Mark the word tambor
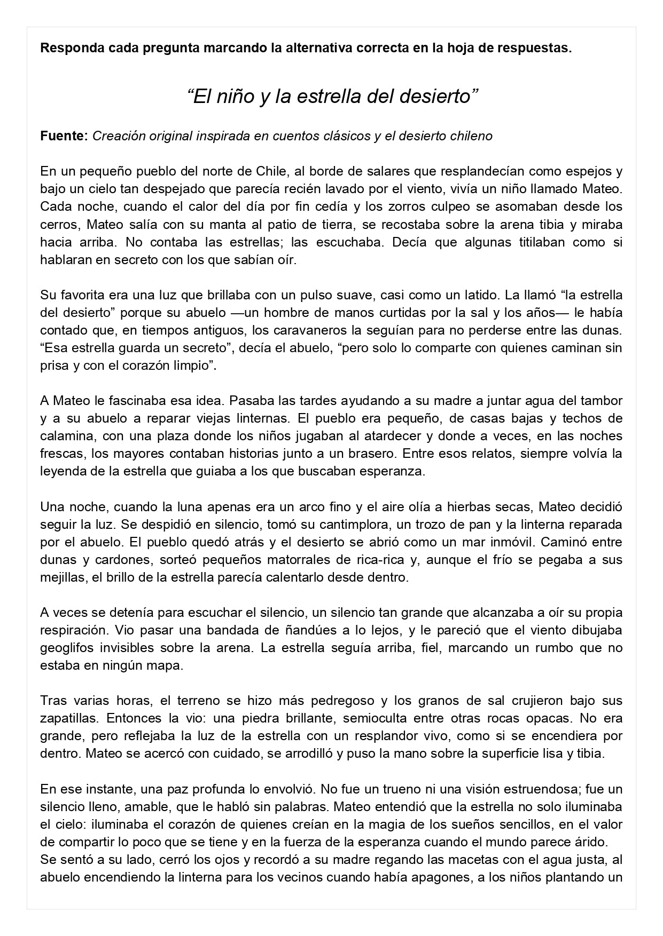pos(602,401)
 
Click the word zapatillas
pos(66,718)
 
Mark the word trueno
pos(378,789)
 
